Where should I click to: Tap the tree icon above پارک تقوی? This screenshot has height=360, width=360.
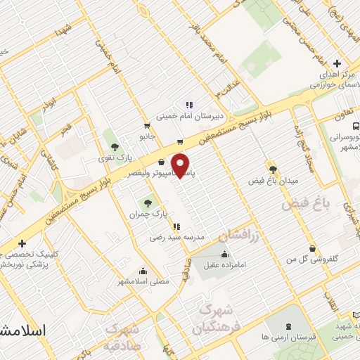(x=114, y=146)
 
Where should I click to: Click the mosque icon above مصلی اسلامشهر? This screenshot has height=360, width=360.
(x=143, y=271)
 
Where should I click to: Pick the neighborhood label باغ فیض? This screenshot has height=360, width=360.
(x=307, y=205)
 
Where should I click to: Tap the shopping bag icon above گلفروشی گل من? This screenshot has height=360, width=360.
(x=312, y=248)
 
